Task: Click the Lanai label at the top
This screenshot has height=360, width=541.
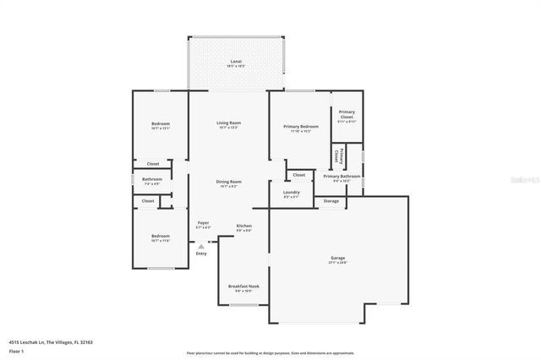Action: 237,63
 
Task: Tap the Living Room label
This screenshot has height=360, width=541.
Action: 227,123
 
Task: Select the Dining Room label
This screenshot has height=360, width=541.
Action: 228,182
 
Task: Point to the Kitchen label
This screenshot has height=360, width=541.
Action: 243,226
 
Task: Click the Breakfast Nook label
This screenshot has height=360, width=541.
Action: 243,286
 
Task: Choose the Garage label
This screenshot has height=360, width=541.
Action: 337,258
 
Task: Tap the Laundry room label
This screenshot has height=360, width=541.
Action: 291,192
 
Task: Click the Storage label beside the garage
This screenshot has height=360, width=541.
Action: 331,201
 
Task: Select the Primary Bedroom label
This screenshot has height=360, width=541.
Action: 300,126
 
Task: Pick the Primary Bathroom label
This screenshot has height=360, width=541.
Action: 342,176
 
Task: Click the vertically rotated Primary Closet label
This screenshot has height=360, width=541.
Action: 337,155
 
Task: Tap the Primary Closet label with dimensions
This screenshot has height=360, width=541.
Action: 347,114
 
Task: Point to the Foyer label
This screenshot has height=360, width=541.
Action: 203,222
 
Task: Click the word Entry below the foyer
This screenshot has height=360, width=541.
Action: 201,254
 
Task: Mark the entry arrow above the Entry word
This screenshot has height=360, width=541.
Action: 201,246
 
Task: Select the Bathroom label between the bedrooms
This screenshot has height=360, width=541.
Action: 152,179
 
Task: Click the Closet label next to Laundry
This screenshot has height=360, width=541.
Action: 299,175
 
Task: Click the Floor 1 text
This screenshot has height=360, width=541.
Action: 17,350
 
